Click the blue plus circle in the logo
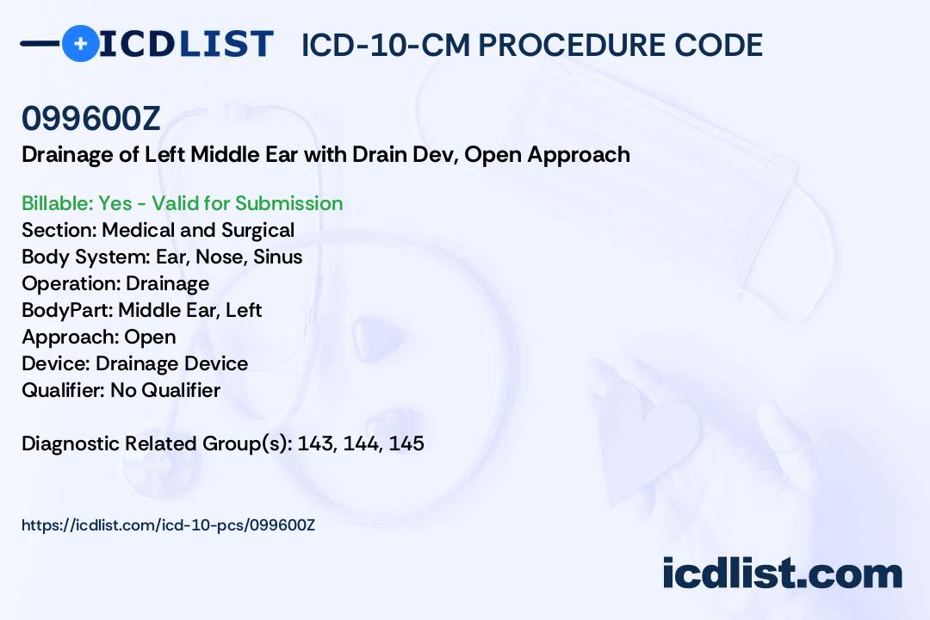click(81, 43)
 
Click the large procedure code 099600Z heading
click(91, 119)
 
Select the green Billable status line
click(182, 203)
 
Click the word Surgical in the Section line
click(258, 230)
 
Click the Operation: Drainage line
click(115, 283)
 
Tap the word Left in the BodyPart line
click(244, 310)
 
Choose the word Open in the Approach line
click(150, 337)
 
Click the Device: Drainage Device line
click(135, 363)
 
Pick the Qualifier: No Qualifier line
click(121, 390)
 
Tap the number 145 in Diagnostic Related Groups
click(406, 443)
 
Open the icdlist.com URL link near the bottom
click(169, 525)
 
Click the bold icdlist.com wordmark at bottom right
click(782, 573)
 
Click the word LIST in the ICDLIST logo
click(226, 43)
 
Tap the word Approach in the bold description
click(579, 155)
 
